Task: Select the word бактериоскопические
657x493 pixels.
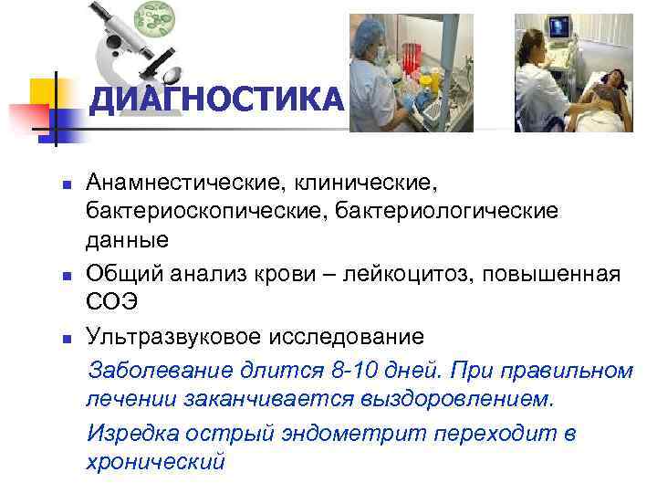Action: [x=216, y=212]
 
